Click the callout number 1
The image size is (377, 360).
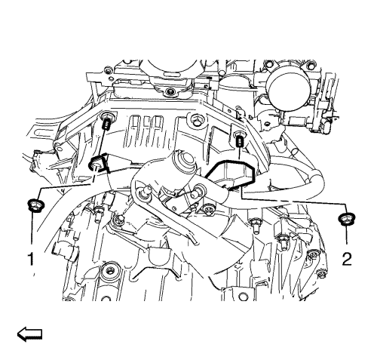point(31,260)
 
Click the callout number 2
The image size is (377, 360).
point(347,259)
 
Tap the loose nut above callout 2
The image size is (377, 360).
point(347,219)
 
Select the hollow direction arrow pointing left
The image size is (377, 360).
point(29,334)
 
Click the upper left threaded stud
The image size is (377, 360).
point(106,125)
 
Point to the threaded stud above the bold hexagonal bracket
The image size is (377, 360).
point(241,143)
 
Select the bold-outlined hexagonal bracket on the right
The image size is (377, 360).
point(231,175)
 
